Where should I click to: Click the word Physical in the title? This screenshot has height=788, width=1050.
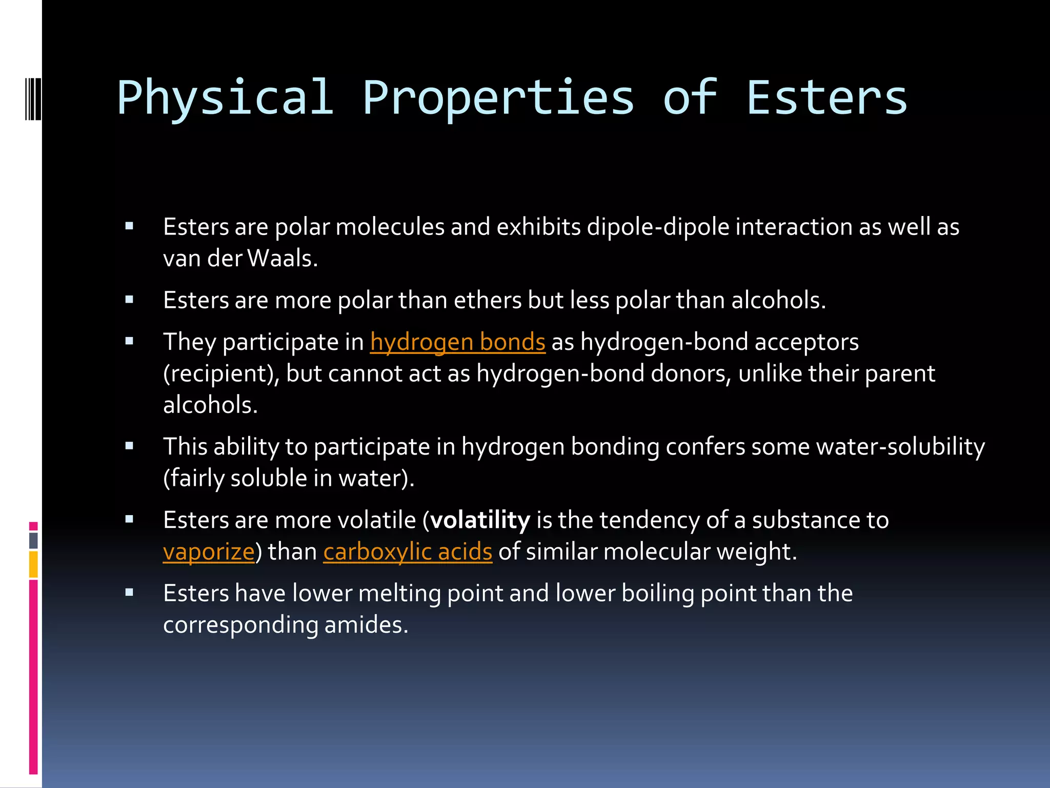[x=225, y=97]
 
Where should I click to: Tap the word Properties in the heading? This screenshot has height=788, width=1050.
[x=498, y=97]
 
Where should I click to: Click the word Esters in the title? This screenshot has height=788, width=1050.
[x=826, y=97]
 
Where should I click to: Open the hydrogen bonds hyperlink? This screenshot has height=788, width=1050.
[x=457, y=342]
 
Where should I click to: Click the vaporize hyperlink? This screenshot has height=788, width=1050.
[x=209, y=552]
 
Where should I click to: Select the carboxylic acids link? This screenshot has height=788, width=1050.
[x=408, y=552]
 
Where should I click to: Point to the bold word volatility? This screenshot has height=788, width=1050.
[x=480, y=520]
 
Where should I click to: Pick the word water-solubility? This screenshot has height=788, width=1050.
[x=900, y=447]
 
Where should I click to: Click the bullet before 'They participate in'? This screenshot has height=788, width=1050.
[x=129, y=341]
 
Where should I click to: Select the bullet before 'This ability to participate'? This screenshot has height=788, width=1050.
[x=129, y=445]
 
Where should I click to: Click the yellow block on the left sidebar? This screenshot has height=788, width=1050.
[x=33, y=564]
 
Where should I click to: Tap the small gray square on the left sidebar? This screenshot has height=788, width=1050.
[x=33, y=540]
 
